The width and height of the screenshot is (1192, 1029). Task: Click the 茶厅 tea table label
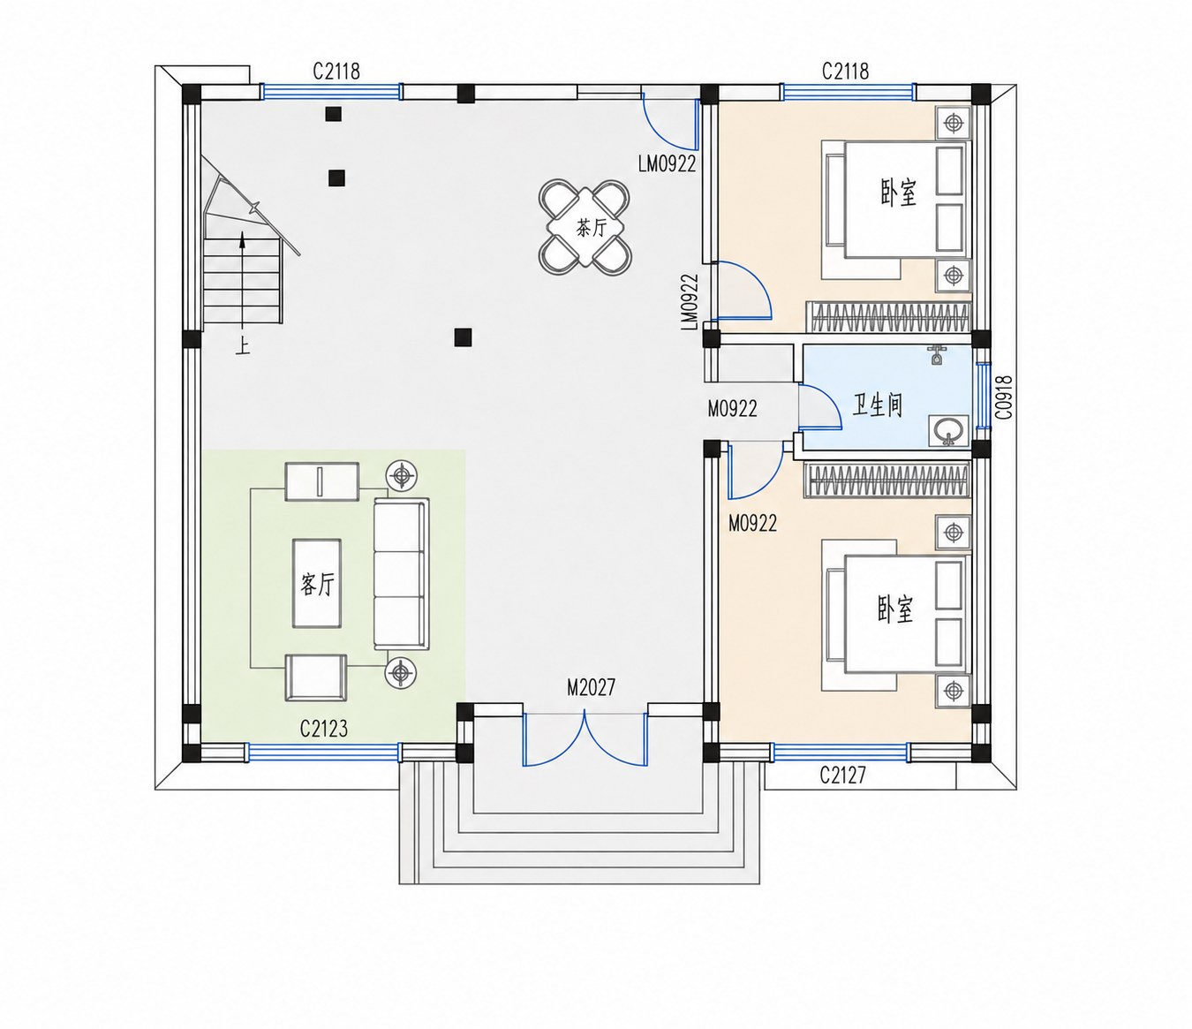(591, 229)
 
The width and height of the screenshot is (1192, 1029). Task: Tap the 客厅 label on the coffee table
(317, 584)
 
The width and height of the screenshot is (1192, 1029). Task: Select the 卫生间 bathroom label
(877, 405)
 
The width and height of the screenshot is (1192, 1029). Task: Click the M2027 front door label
(591, 687)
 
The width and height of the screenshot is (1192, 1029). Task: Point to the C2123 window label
(323, 729)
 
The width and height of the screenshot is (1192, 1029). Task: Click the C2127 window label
(843, 776)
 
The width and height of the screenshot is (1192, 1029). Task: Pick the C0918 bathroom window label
(1004, 397)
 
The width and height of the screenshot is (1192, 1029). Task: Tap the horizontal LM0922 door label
(668, 163)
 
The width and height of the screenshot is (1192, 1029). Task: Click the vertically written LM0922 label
(690, 302)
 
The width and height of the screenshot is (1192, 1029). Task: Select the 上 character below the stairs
(242, 346)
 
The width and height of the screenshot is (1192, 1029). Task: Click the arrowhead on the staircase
(243, 240)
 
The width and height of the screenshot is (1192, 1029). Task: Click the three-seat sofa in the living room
(402, 574)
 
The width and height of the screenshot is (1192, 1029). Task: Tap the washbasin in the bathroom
(948, 431)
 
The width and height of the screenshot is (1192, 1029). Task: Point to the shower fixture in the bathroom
(937, 355)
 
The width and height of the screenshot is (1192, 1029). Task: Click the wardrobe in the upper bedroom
(888, 317)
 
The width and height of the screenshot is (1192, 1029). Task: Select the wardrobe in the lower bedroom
(887, 480)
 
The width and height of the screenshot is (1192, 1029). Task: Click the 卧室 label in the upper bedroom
(899, 193)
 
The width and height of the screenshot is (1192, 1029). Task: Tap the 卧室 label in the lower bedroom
(895, 609)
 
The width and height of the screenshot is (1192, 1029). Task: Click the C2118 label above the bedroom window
(845, 72)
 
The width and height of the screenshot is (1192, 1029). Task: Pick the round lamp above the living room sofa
(402, 476)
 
